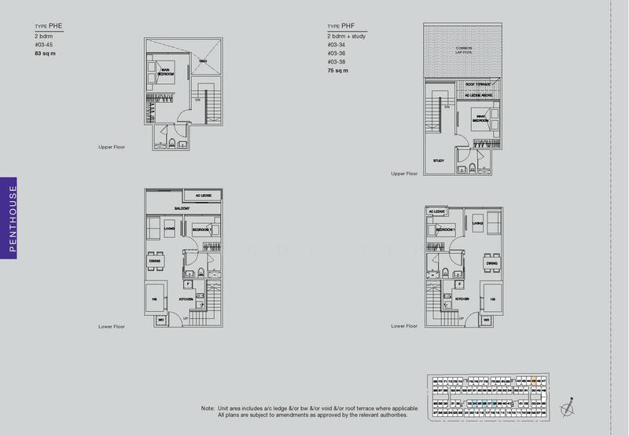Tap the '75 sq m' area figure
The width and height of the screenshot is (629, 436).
(x=337, y=71)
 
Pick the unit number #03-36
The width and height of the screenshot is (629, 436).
(x=337, y=55)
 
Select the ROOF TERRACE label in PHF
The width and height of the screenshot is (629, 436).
(x=478, y=82)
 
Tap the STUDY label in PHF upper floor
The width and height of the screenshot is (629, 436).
(x=438, y=160)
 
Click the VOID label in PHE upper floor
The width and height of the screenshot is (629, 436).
(x=202, y=62)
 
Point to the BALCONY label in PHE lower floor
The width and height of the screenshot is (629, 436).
(x=183, y=208)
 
